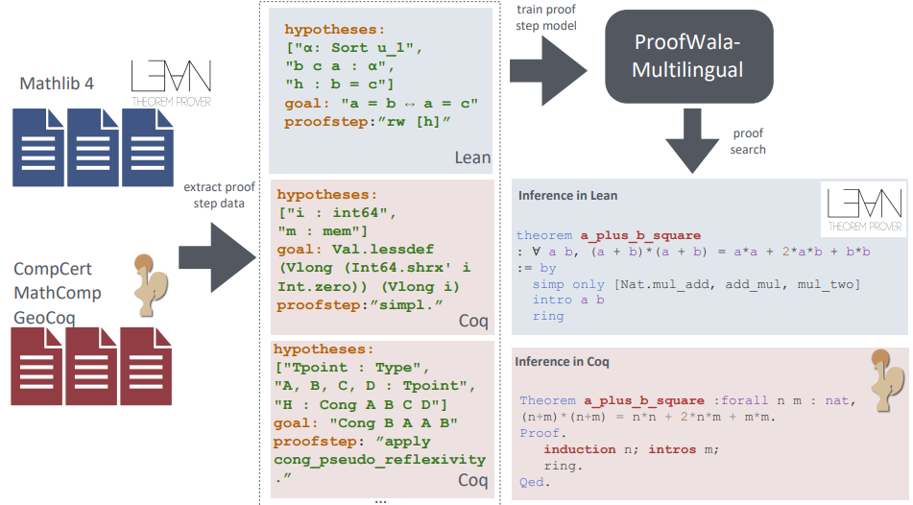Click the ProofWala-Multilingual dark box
coord(688,57)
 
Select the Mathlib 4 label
coord(57,84)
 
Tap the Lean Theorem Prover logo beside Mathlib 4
coord(171,84)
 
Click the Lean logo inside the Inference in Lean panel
coord(865,209)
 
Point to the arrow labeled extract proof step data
coord(217,257)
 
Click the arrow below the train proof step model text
coord(548,71)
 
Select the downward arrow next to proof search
coord(692,141)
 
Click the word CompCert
coord(53,269)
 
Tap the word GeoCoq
coord(44,318)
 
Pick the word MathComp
coord(57,293)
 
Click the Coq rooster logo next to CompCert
coord(150,285)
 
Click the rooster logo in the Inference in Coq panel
coord(887,380)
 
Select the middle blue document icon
coord(92,147)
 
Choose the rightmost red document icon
coord(146,367)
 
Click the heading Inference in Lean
coord(567,196)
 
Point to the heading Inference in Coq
coord(562,362)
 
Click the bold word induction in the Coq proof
coord(579,449)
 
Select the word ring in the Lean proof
coord(548,316)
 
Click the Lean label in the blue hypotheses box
coord(472,157)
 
